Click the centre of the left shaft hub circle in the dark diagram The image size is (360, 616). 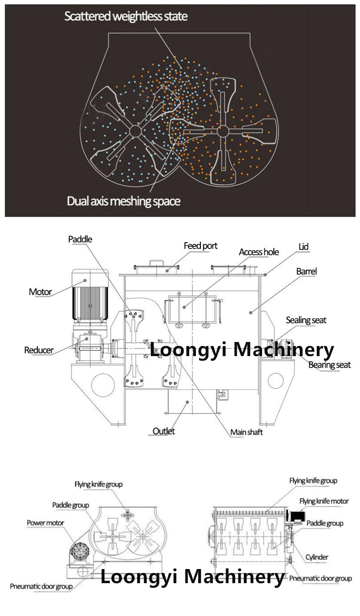[x=135, y=131]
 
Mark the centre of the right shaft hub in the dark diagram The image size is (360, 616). [x=222, y=131]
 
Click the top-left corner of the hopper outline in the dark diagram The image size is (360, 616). [x=108, y=33]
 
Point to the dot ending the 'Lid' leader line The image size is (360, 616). [x=266, y=274]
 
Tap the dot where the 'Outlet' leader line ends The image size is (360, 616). [x=187, y=402]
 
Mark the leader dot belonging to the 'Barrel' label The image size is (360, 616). [x=250, y=312]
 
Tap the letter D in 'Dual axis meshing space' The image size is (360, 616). [x=70, y=201]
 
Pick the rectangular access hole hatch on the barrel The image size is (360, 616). [x=192, y=310]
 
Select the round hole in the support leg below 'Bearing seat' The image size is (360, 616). [x=275, y=380]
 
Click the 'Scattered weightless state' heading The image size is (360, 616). [x=126, y=16]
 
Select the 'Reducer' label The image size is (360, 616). [x=39, y=350]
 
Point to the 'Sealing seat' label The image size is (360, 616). [x=306, y=320]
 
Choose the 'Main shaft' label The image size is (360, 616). [x=247, y=432]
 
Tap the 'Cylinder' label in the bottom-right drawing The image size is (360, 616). [x=317, y=557]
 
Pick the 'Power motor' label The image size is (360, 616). [x=46, y=523]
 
